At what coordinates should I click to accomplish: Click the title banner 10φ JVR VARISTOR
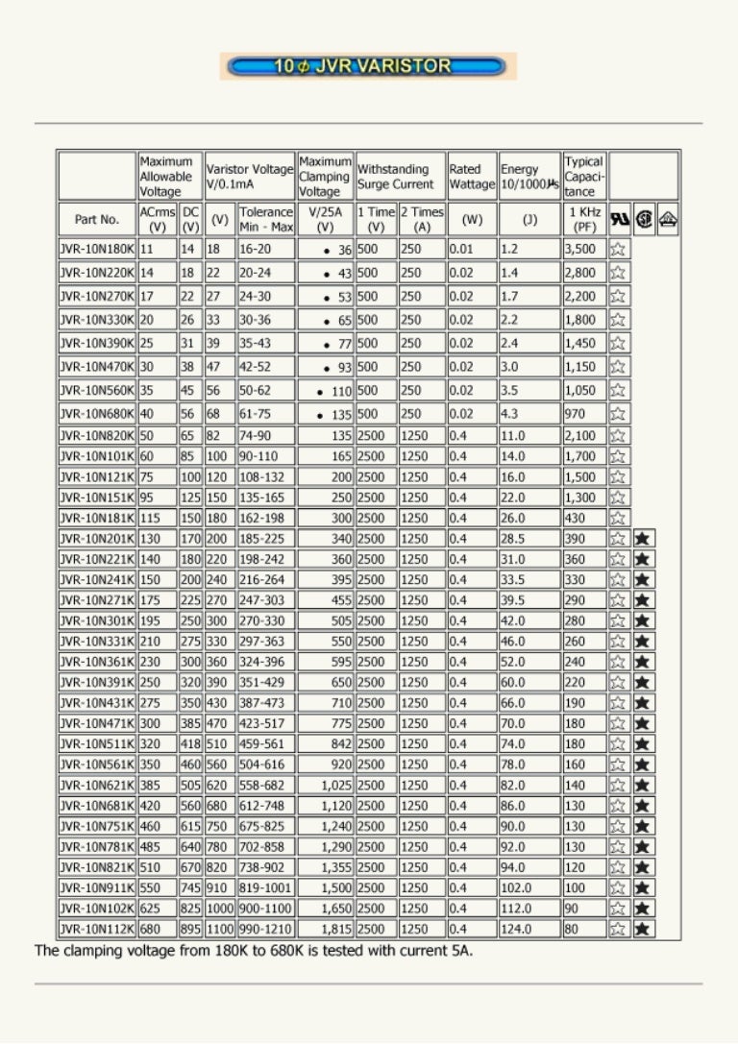click(368, 66)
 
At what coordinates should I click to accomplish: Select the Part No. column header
click(96, 220)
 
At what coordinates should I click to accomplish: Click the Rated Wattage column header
click(472, 176)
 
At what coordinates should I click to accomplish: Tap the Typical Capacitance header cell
click(584, 176)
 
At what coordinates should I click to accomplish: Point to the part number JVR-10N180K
click(96, 249)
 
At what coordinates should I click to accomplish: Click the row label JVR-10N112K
click(96, 930)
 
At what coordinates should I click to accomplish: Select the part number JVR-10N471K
click(96, 723)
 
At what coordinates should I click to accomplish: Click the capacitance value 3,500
click(580, 249)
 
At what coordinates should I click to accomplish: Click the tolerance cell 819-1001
click(266, 888)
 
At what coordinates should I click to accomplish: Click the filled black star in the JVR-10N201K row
click(643, 539)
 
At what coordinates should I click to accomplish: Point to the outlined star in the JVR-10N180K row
click(619, 249)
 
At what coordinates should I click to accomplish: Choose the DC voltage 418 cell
click(191, 744)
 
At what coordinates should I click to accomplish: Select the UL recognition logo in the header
click(620, 220)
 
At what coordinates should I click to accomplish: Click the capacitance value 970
click(575, 414)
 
